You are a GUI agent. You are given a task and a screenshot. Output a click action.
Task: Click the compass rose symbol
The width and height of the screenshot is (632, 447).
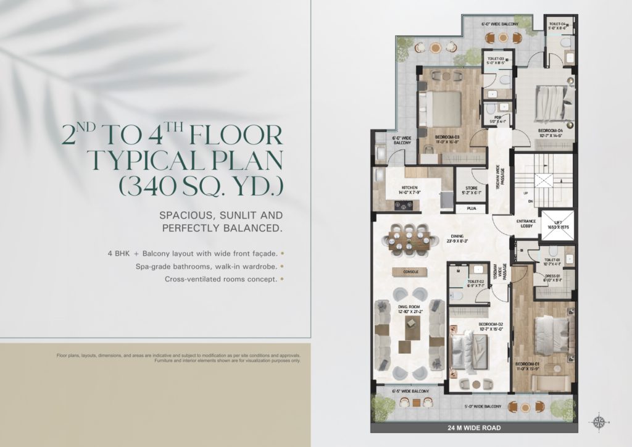(598, 422)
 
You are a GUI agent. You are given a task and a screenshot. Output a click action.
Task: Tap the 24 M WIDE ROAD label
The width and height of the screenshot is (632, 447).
(474, 427)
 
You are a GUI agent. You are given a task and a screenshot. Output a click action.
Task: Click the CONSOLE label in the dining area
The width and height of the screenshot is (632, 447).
(411, 271)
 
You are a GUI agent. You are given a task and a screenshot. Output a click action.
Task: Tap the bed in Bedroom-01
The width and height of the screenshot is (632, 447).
(551, 336)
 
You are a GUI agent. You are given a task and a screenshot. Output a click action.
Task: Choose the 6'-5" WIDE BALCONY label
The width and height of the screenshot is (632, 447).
(410, 391)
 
